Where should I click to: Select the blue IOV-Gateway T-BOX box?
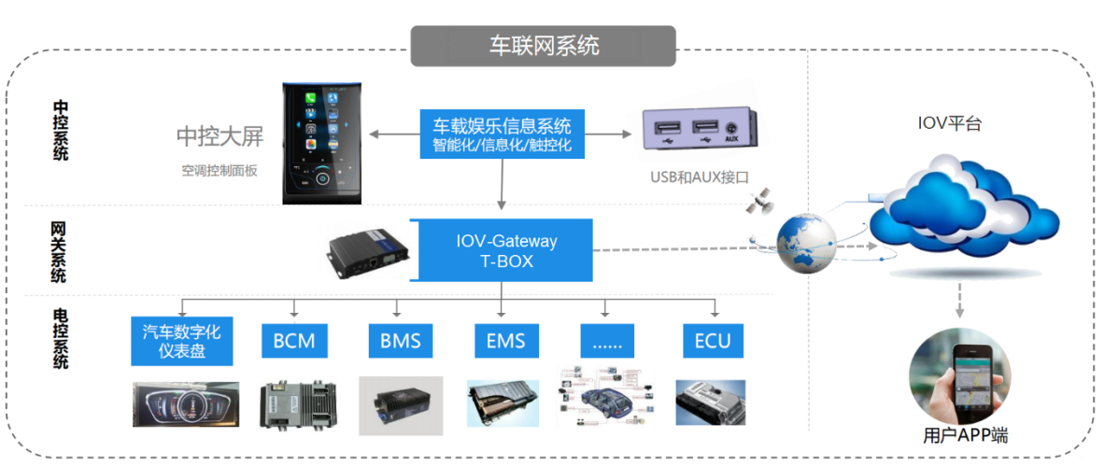tap(505, 250)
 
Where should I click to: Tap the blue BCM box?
tap(294, 340)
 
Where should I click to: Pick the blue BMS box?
tap(400, 340)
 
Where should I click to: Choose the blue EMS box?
tap(505, 340)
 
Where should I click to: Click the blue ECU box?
tap(713, 340)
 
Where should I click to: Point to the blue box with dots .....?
tap(608, 340)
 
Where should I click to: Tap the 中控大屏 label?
tap(220, 136)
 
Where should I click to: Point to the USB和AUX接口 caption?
tap(700, 176)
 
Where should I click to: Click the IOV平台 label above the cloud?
tap(949, 123)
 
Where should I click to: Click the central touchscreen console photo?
tap(321, 142)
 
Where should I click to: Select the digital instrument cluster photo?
tap(185, 404)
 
